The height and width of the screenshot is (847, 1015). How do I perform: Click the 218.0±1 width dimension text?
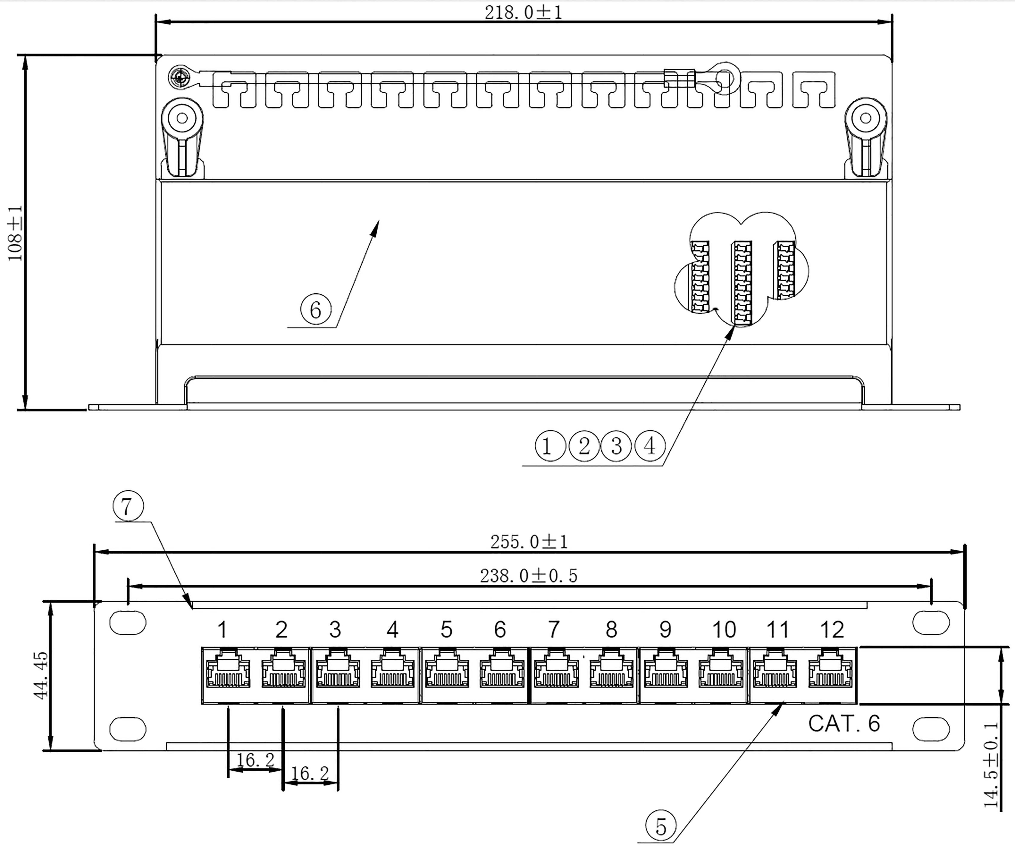(523, 12)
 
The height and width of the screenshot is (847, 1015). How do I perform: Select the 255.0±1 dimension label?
(529, 542)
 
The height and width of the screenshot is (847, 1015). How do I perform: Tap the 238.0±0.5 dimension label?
(529, 576)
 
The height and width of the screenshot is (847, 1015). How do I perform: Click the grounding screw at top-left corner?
(180, 77)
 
